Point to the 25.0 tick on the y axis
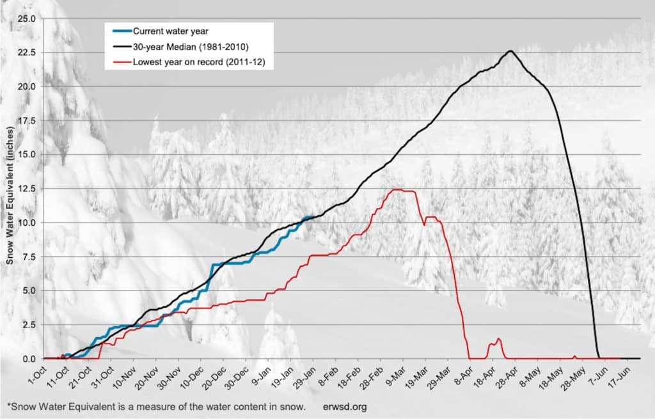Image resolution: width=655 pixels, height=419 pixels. [28, 18]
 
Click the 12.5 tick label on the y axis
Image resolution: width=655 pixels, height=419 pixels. [28, 189]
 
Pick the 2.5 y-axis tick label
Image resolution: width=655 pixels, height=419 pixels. [29, 325]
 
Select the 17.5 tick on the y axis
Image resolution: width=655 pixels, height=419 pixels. [28, 120]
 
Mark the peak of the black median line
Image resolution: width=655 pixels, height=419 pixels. [510, 51]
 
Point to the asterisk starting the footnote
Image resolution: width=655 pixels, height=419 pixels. [8, 405]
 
